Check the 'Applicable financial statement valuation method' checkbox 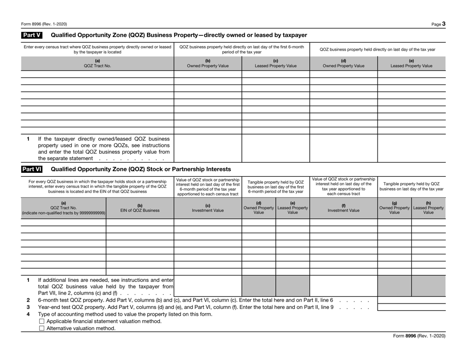[41, 321]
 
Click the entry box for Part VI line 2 [411, 300]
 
